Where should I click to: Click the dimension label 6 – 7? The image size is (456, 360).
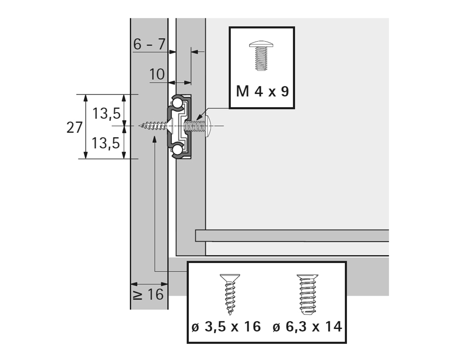point(149,44)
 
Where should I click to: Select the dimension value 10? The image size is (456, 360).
point(157,75)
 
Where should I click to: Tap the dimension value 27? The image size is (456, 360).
point(75,127)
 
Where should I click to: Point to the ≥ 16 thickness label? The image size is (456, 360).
point(149,294)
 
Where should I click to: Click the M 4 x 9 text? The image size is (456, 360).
point(262,92)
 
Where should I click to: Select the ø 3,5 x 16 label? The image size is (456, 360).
point(226,326)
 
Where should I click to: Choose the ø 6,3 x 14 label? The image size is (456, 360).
point(307,326)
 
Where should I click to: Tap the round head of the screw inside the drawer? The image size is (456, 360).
point(209,125)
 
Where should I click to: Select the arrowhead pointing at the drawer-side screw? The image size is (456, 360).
point(202,116)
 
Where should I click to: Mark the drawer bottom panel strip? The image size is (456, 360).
point(292,235)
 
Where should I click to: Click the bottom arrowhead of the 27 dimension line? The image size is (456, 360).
point(85,154)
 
